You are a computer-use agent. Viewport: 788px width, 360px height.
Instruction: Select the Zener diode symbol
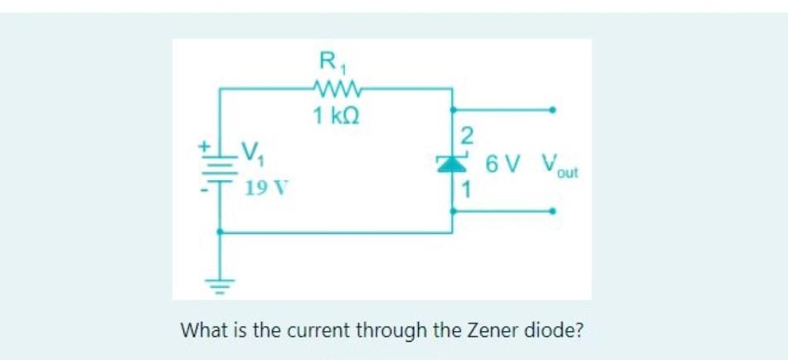click(x=453, y=163)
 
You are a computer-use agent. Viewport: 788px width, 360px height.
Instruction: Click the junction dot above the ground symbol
click(x=219, y=232)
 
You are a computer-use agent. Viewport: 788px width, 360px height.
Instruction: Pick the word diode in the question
click(x=552, y=330)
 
